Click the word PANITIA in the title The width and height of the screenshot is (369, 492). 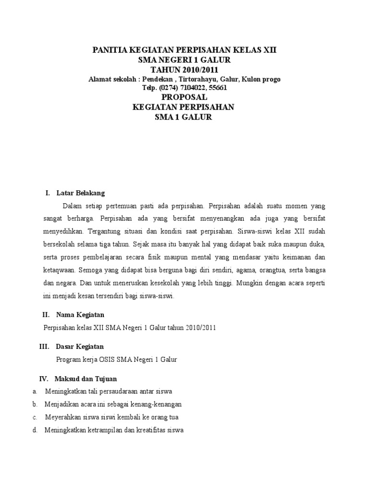coord(108,50)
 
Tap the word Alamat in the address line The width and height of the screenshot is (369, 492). coord(99,79)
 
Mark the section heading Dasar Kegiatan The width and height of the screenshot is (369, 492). coord(80,346)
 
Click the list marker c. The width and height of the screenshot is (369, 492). coord(35,417)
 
